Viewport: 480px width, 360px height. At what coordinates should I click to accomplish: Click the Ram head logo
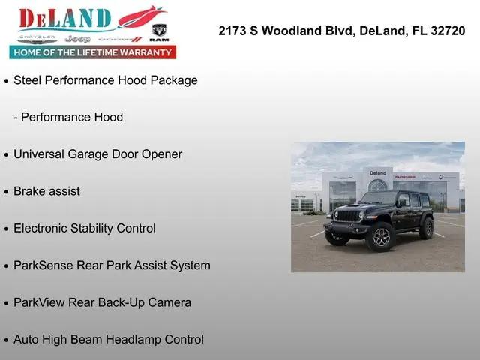tap(159, 31)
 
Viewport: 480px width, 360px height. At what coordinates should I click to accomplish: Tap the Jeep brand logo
tap(78, 39)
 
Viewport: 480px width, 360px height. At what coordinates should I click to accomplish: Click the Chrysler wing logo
tap(37, 39)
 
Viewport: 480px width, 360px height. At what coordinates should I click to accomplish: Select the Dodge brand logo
tap(120, 40)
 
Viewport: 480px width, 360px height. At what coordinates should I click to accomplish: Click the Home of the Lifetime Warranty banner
tap(93, 52)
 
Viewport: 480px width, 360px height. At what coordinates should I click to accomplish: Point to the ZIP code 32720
tap(448, 31)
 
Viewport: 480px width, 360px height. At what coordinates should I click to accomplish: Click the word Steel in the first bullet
tap(28, 80)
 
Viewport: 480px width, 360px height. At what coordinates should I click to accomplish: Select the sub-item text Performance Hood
tap(72, 117)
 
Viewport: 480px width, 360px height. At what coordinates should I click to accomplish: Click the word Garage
tap(88, 154)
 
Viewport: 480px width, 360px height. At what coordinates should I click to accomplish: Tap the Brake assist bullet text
tap(46, 191)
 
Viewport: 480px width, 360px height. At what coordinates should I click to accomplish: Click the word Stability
tap(91, 229)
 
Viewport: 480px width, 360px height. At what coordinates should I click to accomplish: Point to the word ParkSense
tap(43, 265)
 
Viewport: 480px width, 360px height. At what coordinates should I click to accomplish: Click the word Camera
tap(169, 302)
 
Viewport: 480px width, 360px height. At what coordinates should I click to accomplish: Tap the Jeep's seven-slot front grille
tap(348, 217)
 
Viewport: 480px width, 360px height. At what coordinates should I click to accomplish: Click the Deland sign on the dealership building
tap(378, 173)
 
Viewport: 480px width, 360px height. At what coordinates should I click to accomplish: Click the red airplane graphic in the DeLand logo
tap(142, 16)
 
